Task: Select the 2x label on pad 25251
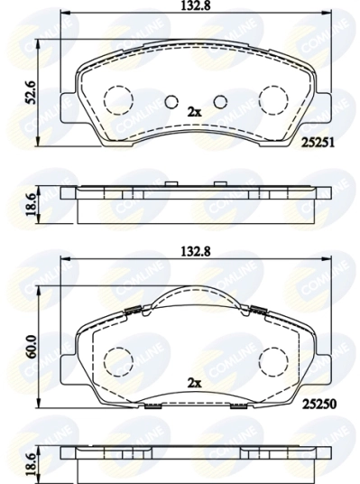(x=193, y=111)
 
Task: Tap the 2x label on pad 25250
(x=193, y=382)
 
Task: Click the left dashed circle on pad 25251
(x=117, y=99)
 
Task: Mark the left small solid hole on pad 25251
(x=171, y=100)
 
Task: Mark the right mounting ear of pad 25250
(x=318, y=360)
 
